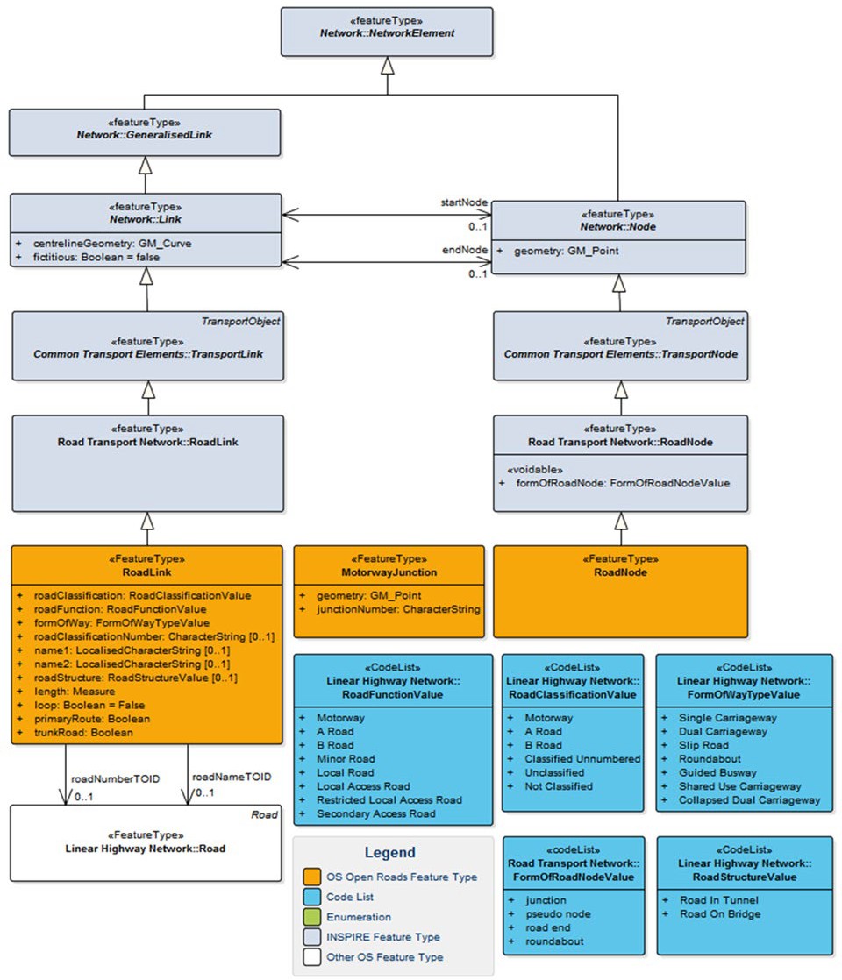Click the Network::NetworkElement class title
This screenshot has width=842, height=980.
click(x=386, y=32)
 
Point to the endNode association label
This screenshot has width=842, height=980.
click(x=464, y=250)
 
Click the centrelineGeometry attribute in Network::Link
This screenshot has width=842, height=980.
click(x=106, y=243)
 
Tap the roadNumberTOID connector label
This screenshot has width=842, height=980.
click(x=115, y=778)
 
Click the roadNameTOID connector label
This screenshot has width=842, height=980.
click(x=232, y=777)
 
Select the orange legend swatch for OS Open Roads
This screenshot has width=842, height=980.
click(x=312, y=877)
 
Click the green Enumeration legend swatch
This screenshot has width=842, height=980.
click(x=312, y=917)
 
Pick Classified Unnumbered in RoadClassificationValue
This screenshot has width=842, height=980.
click(x=582, y=759)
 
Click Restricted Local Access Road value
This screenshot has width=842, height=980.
click(x=389, y=799)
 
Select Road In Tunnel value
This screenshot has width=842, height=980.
click(x=718, y=899)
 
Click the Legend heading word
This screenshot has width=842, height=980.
click(x=390, y=852)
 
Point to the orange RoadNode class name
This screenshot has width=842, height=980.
click(x=620, y=572)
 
